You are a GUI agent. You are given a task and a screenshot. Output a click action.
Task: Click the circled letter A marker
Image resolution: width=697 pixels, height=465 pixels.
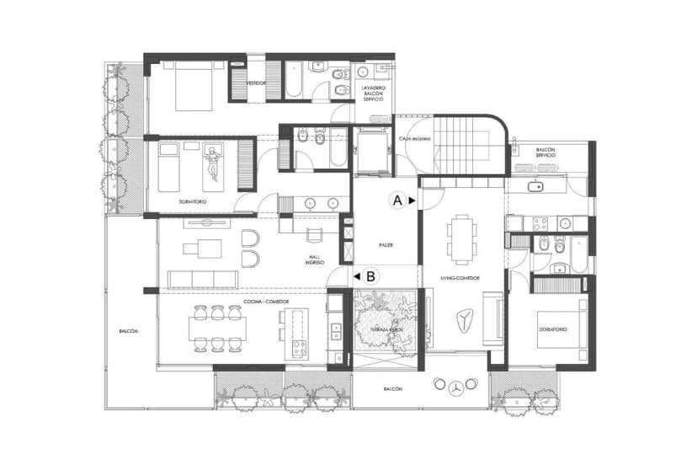[395, 200]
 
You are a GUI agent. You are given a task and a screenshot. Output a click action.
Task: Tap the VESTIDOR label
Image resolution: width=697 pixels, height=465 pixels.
[256, 83]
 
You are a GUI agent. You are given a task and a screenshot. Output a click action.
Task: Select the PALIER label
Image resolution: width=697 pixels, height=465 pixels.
[386, 245]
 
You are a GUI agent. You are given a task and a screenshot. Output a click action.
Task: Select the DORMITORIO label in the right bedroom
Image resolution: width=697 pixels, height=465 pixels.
[553, 329]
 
